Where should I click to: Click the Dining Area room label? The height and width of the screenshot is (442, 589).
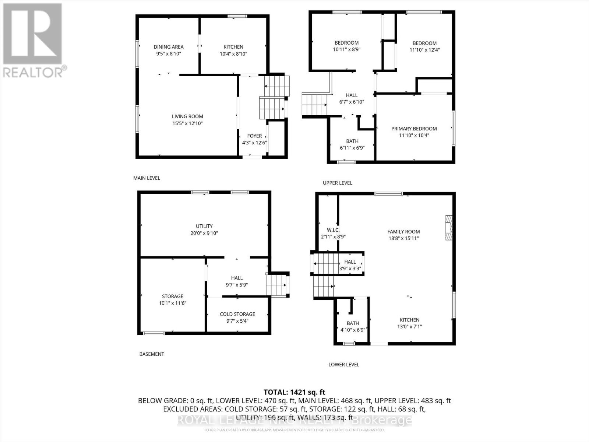pos(169,47)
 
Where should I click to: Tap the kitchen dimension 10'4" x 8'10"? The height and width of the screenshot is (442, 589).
pos(233,54)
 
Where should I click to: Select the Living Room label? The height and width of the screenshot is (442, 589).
pos(187,116)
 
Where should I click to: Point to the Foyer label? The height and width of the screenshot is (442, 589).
pos(254,136)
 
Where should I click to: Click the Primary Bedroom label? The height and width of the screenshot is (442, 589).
pos(414,129)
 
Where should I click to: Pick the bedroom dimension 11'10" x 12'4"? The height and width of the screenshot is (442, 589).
pos(424,50)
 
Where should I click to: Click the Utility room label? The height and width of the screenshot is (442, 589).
pos(204,226)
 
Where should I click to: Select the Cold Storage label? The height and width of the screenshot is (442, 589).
pos(237,314)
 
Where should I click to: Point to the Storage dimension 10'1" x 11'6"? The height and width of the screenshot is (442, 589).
pos(173,303)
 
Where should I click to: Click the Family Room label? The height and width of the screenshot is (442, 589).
pos(403,232)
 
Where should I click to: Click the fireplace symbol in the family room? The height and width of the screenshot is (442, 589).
pos(448,228)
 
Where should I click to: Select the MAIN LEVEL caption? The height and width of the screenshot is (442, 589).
pos(147,178)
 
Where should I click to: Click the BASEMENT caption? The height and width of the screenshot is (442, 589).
pos(152,354)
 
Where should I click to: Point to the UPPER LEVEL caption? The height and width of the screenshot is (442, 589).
pos(338,183)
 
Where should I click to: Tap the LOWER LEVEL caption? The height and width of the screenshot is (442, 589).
pos(344,364)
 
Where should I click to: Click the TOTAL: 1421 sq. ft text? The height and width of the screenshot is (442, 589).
pos(294,392)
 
